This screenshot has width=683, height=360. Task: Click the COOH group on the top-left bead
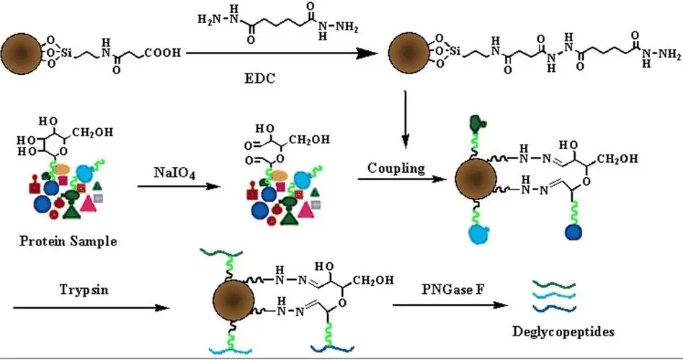[164, 53]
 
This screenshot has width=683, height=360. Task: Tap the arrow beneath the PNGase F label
[447, 305]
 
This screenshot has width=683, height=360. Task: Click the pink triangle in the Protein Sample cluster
[89, 202]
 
